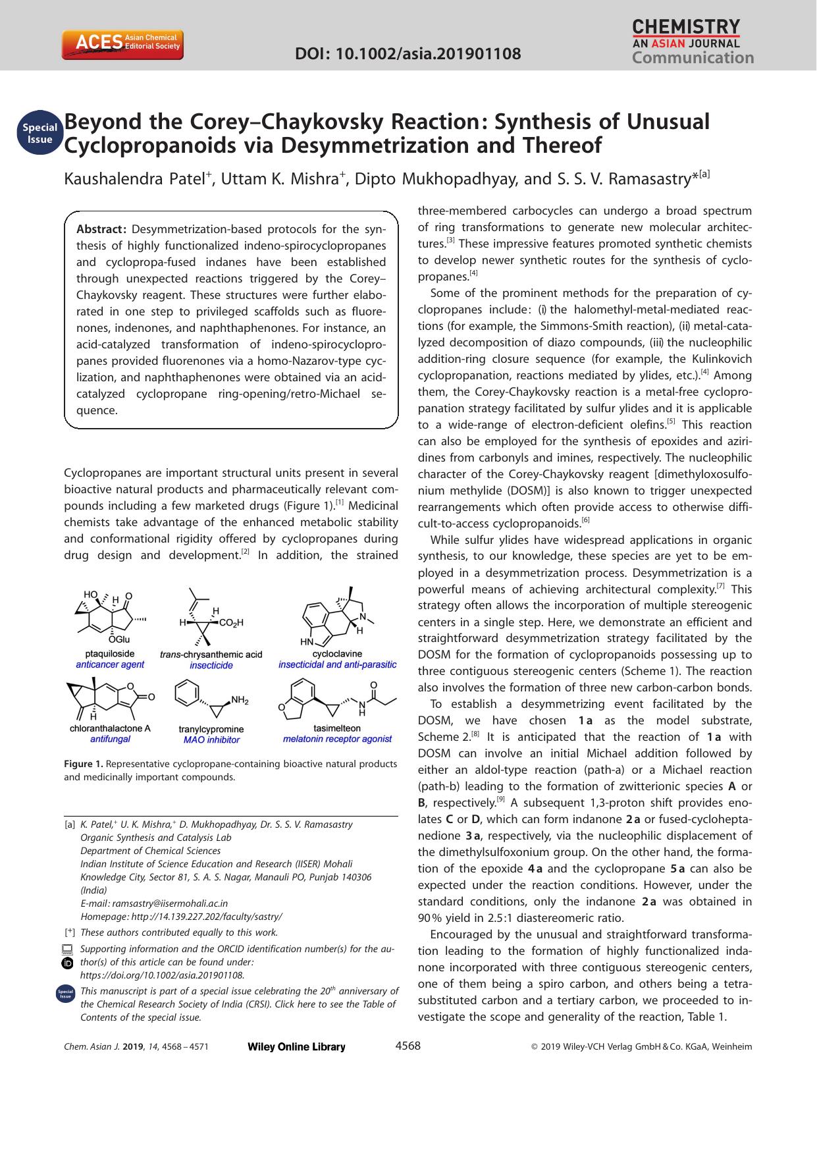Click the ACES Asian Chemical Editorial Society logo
(122, 44)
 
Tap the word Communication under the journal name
(693, 58)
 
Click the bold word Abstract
(101, 229)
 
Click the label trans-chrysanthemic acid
(211, 654)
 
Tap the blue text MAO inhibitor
(211, 739)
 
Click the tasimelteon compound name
(337, 728)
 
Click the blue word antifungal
(110, 739)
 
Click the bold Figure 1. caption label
(84, 764)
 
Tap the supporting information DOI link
(162, 975)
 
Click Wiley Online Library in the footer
(296, 1047)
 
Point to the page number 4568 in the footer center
(408, 1046)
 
